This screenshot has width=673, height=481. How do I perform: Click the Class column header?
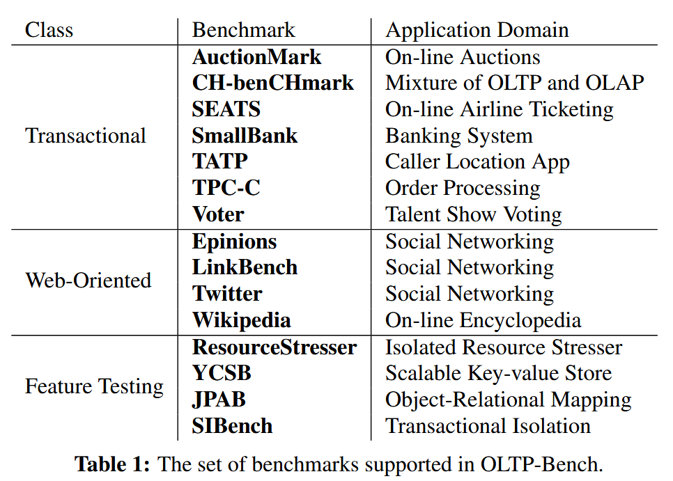tap(49, 30)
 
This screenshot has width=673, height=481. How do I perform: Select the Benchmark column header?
tap(243, 30)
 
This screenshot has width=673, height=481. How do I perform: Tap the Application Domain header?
tap(477, 31)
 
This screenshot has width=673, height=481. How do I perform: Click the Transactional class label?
tap(86, 136)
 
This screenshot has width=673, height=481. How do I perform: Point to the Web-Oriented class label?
tap(88, 281)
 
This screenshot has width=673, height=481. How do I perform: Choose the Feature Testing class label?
tap(95, 387)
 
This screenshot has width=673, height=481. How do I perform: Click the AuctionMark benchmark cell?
tap(256, 57)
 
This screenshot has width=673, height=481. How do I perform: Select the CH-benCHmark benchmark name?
tap(273, 83)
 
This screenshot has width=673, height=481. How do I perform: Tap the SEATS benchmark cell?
tap(226, 109)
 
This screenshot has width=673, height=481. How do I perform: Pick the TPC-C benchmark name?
tap(226, 188)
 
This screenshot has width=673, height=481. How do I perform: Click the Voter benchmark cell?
tap(218, 214)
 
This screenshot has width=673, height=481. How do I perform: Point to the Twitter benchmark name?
tap(227, 294)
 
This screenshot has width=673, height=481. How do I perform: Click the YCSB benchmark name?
tap(222, 373)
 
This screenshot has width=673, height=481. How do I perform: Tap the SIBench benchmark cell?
tap(232, 426)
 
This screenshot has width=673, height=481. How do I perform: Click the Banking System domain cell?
tap(459, 136)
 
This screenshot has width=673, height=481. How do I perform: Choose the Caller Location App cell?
tap(477, 163)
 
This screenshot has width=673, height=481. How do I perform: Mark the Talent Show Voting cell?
tap(474, 215)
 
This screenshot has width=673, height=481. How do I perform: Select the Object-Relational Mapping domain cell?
tap(508, 400)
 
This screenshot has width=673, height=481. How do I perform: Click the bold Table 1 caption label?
tap(112, 464)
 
